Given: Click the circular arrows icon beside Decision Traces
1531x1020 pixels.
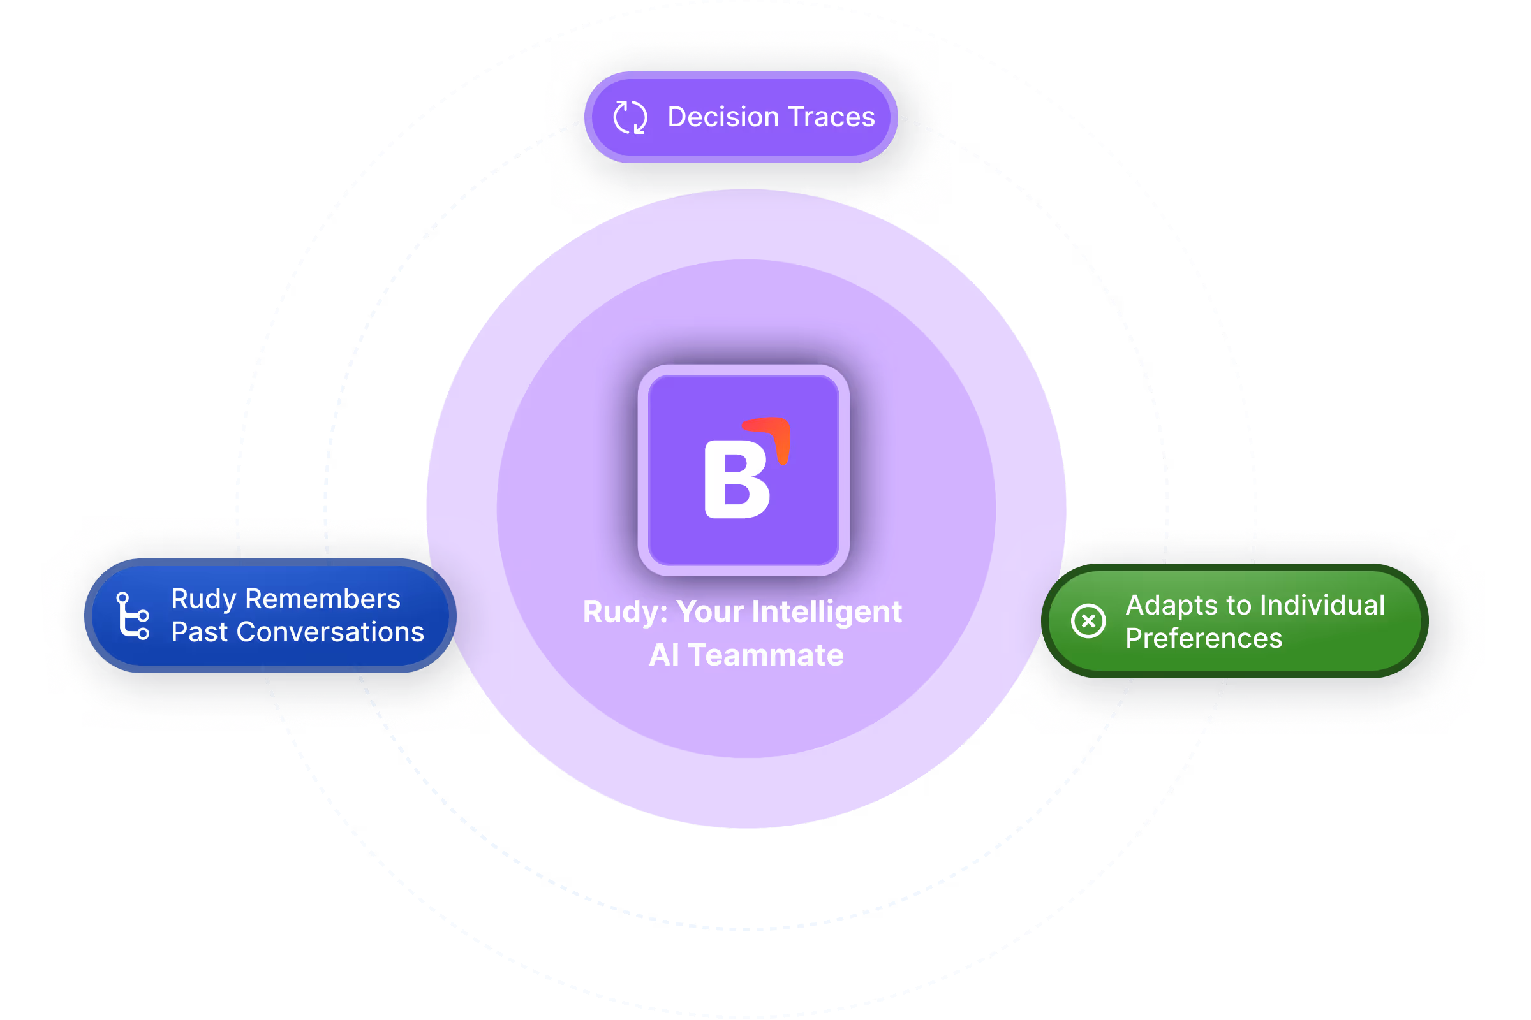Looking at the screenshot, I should point(630,118).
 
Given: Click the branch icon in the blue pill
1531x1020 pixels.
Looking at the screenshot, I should point(133,615).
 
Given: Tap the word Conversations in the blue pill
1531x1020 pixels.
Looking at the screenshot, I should point(330,632).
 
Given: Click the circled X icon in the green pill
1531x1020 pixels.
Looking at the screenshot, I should point(1088,620).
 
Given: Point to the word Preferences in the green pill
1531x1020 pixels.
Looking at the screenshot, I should point(1204,638).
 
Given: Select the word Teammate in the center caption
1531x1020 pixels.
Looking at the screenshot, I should point(765,655).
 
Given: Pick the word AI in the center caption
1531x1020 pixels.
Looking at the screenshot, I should point(664,655).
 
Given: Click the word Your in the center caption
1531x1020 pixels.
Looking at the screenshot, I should point(709,611).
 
